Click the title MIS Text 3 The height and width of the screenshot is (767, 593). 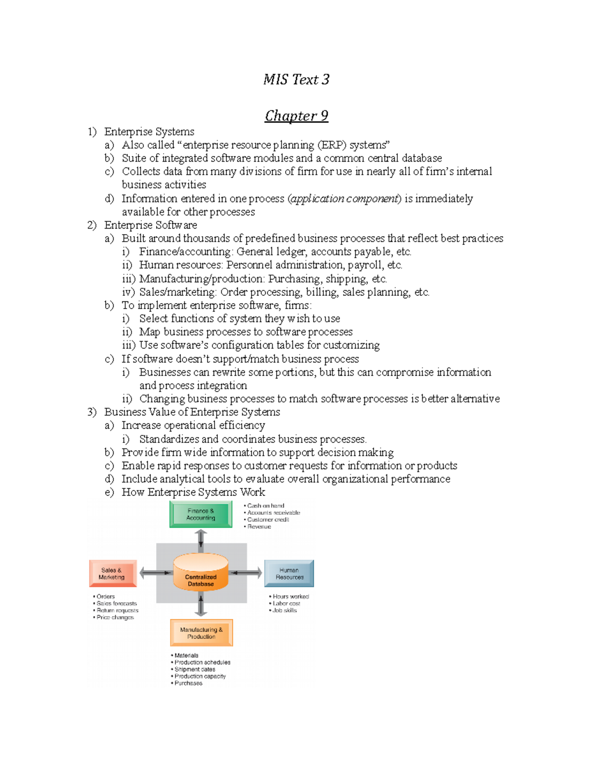(296, 80)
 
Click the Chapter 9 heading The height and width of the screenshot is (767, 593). (296, 116)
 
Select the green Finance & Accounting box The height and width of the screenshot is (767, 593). (201, 514)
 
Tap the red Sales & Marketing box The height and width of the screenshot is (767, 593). (113, 573)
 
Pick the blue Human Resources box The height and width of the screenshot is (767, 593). (289, 573)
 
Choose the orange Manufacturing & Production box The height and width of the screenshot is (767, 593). (201, 633)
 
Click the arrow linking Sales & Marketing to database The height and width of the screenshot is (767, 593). (155, 573)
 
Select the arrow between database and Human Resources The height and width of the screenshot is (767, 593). (246, 573)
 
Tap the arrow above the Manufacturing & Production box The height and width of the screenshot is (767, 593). (201, 606)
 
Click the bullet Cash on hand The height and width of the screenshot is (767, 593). (265, 506)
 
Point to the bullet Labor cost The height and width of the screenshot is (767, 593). (286, 604)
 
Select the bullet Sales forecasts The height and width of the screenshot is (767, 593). (116, 604)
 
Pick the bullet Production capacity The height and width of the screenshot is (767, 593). (200, 676)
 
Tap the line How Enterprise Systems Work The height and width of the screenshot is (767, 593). (193, 492)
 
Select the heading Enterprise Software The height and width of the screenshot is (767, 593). (150, 225)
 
